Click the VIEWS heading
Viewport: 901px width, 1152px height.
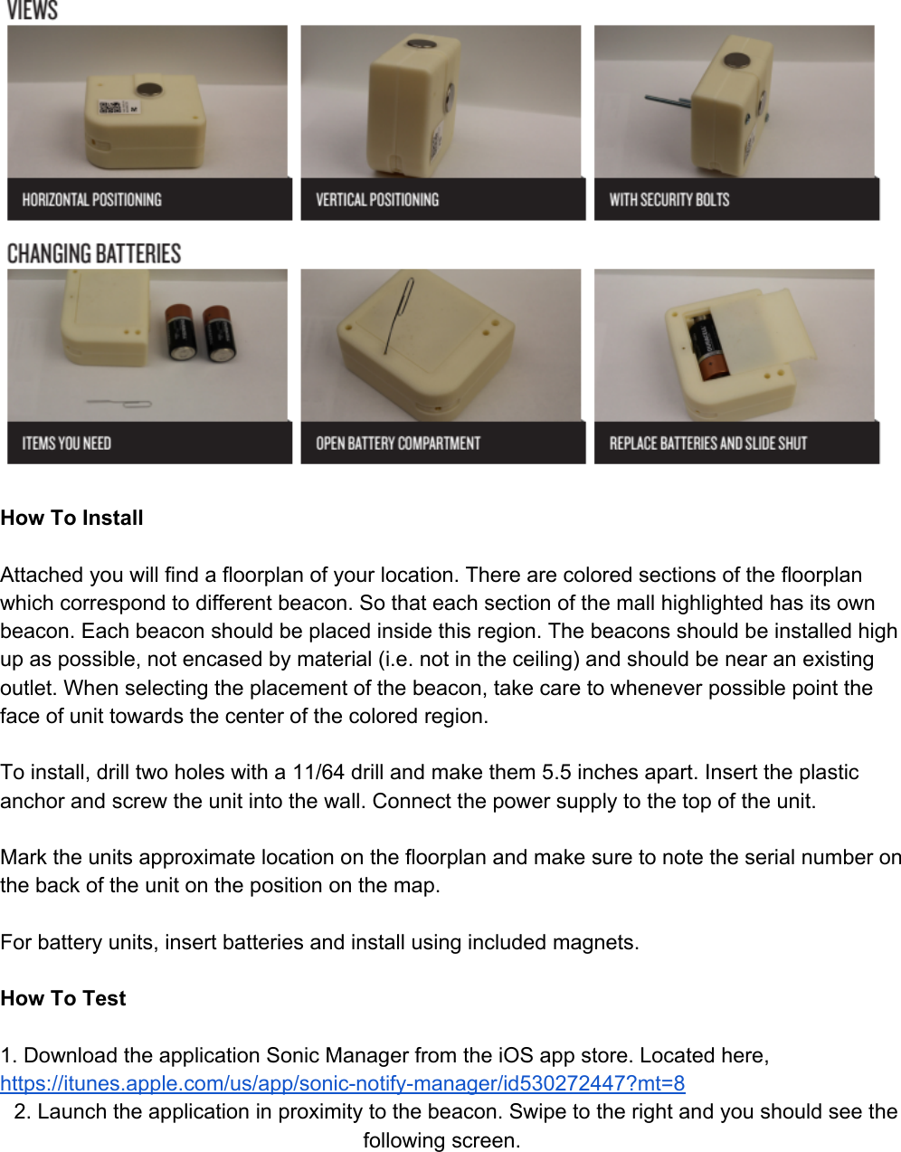[x=33, y=11]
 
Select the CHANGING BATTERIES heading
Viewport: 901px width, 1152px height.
[x=94, y=253]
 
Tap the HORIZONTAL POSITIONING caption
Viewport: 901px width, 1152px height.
[x=91, y=200]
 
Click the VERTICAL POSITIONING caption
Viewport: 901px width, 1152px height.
[x=376, y=200]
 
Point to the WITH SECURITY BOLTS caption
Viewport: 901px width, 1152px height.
[x=669, y=200]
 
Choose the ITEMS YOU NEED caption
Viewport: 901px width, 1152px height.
[x=66, y=443]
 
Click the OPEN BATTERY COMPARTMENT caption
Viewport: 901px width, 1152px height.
[x=397, y=443]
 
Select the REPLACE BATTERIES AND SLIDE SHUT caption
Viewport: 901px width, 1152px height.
[x=707, y=443]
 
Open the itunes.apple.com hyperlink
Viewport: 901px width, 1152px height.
[x=342, y=1083]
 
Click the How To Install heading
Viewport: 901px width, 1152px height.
[x=72, y=519]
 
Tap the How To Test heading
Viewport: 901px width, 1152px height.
[x=63, y=999]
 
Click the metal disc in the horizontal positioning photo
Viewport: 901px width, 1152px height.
[x=147, y=90]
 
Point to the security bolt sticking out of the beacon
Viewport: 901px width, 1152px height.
[x=666, y=100]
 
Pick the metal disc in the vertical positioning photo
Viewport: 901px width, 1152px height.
[x=419, y=43]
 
